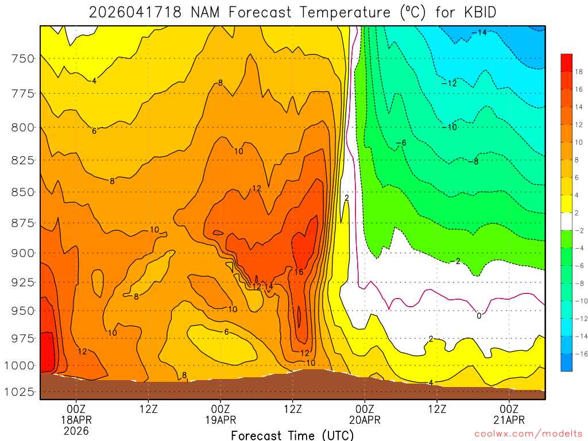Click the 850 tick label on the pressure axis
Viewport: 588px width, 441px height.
(x=23, y=191)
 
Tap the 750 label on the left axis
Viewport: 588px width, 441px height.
(x=23, y=59)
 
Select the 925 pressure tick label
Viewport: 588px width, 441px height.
(x=23, y=283)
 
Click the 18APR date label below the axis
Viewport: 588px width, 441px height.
(x=76, y=420)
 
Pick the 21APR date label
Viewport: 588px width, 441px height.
(x=509, y=420)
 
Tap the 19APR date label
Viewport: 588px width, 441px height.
(x=220, y=420)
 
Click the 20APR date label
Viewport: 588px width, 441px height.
(x=365, y=420)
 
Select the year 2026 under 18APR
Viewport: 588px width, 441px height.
(x=76, y=431)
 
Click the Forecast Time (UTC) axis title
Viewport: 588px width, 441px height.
(x=292, y=435)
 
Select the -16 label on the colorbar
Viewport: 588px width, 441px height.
(x=578, y=353)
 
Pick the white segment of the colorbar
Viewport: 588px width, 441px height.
(x=566, y=221)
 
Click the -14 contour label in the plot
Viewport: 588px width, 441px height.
(x=479, y=33)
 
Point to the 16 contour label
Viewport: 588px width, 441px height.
(x=299, y=272)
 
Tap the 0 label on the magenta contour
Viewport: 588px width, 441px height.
(x=479, y=316)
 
